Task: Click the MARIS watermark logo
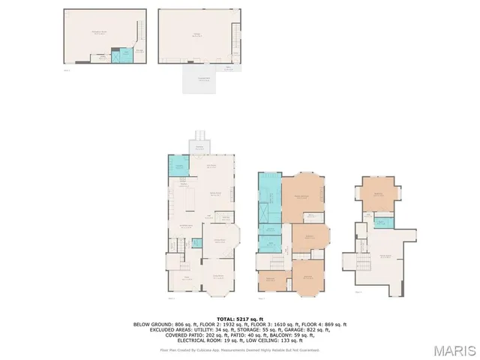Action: click(454, 350)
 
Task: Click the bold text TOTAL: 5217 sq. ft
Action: click(240, 319)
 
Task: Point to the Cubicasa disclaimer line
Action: click(240, 349)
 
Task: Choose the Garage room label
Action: click(198, 34)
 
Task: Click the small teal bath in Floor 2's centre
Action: click(196, 242)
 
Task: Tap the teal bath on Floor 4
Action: click(382, 223)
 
